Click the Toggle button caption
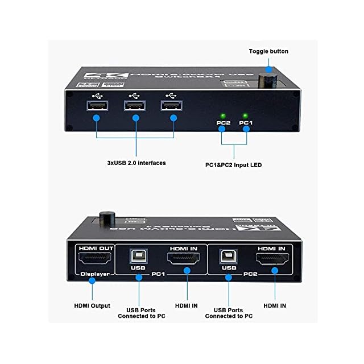(x=268, y=51)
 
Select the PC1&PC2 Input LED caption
(x=234, y=165)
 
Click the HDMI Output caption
(x=92, y=306)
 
